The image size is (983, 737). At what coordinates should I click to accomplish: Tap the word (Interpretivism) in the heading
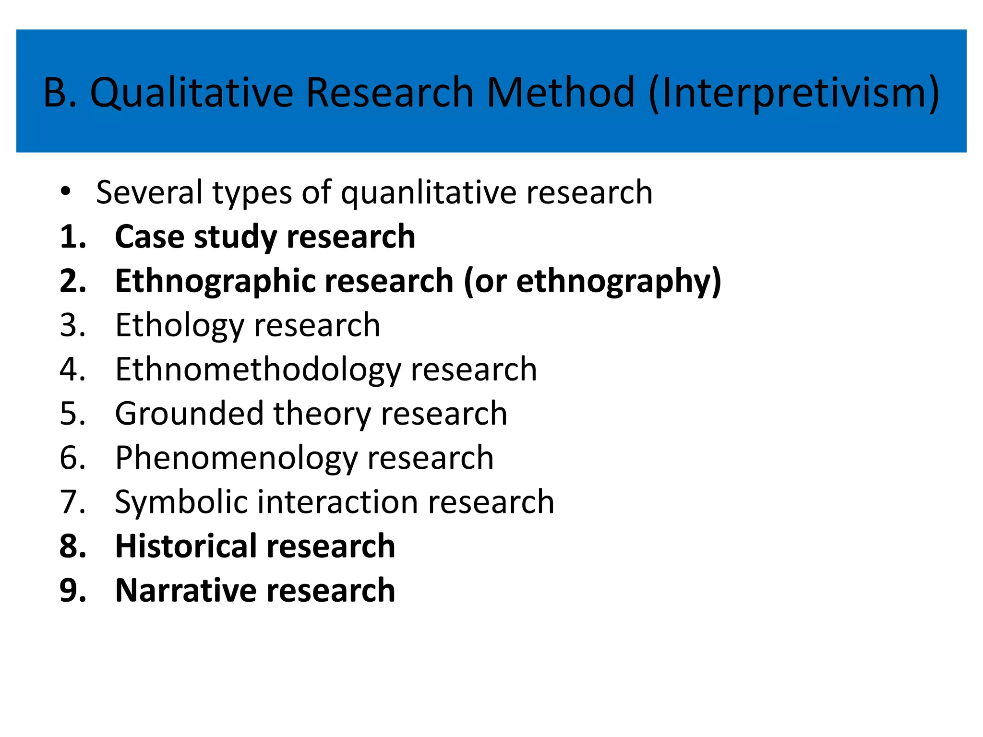click(793, 92)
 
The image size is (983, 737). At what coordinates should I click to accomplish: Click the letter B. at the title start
click(60, 92)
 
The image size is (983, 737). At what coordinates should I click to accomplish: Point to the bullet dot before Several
click(66, 192)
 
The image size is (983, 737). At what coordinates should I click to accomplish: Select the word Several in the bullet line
click(149, 193)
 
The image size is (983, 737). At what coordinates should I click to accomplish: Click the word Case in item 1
click(149, 237)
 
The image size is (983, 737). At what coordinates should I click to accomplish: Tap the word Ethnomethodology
click(258, 369)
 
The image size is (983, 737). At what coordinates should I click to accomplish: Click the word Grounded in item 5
click(189, 414)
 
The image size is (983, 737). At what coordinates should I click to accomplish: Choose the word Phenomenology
click(237, 458)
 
